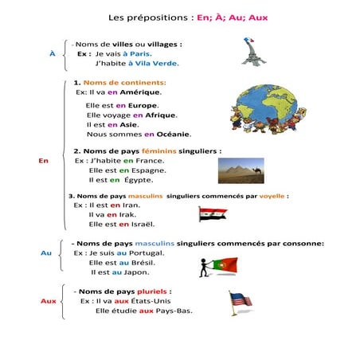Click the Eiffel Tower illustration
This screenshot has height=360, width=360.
(x=253, y=50)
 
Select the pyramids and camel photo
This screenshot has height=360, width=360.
(x=240, y=170)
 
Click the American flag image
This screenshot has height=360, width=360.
(x=240, y=301)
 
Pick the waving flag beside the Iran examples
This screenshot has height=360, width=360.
(x=213, y=213)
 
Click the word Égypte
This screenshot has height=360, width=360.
(x=139, y=180)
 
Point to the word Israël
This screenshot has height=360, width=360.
(x=138, y=225)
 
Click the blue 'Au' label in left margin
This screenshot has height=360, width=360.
(x=45, y=253)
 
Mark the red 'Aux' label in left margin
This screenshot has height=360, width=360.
(x=48, y=302)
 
